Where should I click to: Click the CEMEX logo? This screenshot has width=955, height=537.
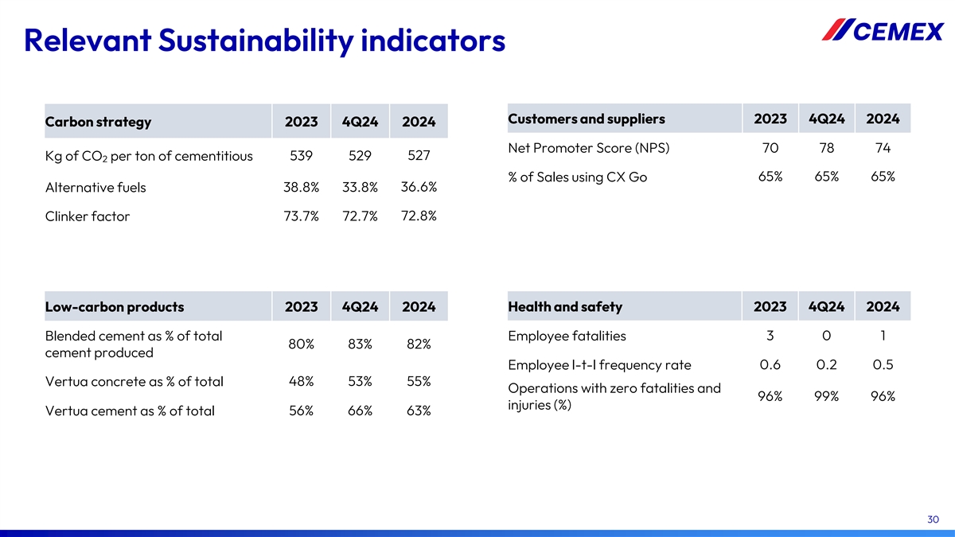click(883, 31)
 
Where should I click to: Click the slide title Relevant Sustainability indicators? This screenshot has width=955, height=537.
click(264, 40)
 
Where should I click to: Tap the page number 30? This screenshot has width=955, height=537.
click(934, 519)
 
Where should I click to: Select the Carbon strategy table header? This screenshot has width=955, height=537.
click(98, 122)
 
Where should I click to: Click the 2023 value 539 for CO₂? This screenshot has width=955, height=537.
click(301, 155)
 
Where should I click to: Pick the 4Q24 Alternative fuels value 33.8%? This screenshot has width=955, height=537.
click(359, 188)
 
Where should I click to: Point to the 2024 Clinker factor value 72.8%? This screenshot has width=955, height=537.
click(419, 216)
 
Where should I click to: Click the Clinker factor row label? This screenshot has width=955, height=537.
click(88, 216)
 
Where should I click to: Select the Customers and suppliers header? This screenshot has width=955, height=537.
click(586, 119)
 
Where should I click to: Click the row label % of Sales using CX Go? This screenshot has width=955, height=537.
click(577, 177)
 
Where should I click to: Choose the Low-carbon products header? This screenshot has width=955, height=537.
click(115, 307)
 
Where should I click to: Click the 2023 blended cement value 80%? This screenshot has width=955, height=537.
click(301, 344)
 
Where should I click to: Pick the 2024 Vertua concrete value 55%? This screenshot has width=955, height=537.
click(419, 381)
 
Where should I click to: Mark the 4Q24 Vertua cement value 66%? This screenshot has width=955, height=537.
click(360, 411)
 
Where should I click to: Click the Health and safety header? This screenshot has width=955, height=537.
click(565, 307)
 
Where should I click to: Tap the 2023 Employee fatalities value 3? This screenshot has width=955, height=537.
click(770, 336)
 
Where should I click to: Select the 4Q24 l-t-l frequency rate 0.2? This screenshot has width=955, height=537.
click(827, 365)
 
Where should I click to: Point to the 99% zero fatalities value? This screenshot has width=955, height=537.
click(827, 396)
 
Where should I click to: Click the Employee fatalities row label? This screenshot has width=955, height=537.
click(567, 336)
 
